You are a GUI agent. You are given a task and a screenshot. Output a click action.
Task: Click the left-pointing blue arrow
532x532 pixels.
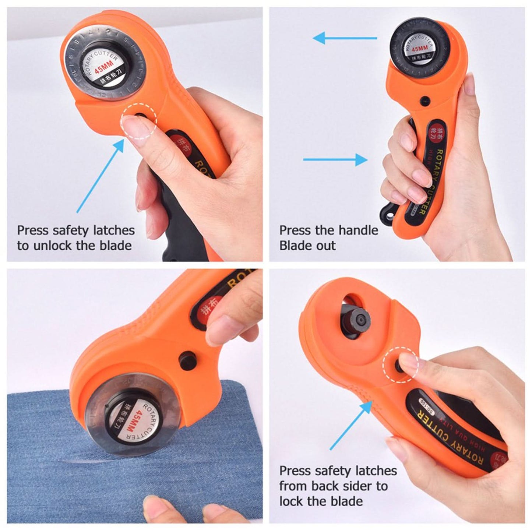coord(344,38)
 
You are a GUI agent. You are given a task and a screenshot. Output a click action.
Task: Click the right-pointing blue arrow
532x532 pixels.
coord(335,159)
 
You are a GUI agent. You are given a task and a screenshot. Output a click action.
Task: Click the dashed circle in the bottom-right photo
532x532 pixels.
coord(401,364)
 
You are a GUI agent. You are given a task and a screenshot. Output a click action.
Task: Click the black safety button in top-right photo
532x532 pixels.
coord(425,99)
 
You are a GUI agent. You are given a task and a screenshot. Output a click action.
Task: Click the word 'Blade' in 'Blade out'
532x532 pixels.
coord(292,246)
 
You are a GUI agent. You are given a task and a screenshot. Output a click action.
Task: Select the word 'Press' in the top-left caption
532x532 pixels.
coord(32,230)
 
